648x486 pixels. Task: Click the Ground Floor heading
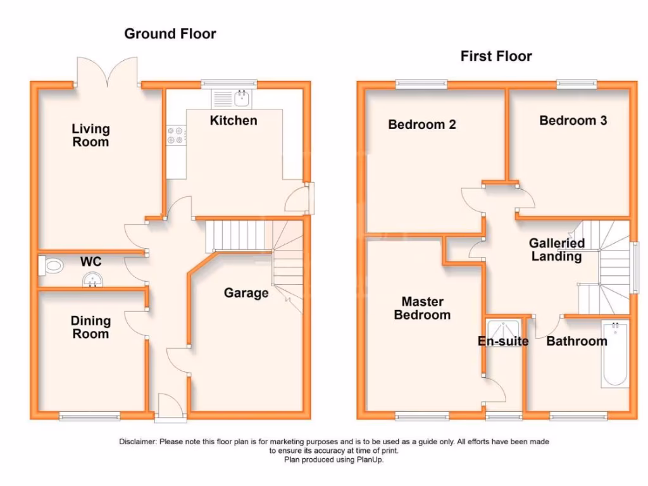[x=170, y=34]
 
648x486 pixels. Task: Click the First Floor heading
[x=496, y=56]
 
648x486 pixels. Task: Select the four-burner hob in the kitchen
[x=176, y=135]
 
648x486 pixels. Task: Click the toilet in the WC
[x=51, y=266]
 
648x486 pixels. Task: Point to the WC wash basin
[x=92, y=279]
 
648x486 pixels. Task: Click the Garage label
[x=246, y=293]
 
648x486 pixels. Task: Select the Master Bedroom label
[x=422, y=308]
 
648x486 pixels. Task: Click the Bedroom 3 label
[x=573, y=120]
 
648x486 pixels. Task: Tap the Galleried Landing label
[x=556, y=250]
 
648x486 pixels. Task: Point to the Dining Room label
[x=90, y=327]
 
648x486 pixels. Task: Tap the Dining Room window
[x=89, y=416]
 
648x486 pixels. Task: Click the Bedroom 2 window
[x=421, y=82]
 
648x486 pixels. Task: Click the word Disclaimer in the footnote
[x=137, y=442]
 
